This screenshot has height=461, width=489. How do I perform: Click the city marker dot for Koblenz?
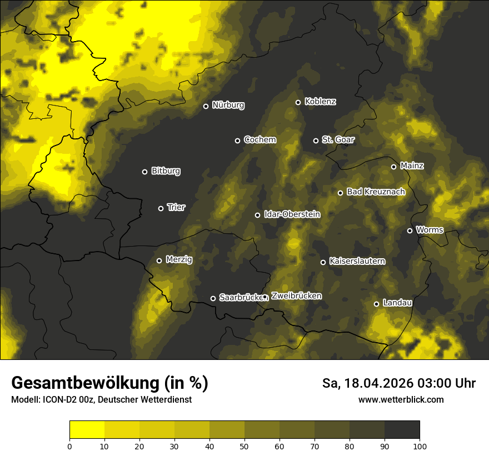[x=298, y=102]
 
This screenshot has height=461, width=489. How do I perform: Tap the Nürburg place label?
[x=228, y=105]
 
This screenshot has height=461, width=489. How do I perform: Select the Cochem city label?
[x=260, y=140]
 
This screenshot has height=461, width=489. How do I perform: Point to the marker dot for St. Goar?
[x=316, y=141]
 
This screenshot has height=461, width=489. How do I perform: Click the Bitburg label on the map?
[x=166, y=171]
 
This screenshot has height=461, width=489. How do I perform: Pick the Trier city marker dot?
[x=161, y=208]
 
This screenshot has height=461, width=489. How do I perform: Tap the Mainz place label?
[x=412, y=166]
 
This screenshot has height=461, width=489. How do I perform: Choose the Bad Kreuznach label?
[x=376, y=192]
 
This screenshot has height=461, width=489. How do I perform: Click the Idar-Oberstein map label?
[x=292, y=214]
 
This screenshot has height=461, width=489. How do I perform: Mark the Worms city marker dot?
[x=410, y=231]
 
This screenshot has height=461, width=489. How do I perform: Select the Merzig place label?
[x=179, y=259]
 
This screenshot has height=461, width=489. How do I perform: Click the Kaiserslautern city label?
[x=357, y=261]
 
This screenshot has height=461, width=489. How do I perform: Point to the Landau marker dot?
[x=376, y=304]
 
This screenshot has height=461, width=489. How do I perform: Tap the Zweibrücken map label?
[x=296, y=296]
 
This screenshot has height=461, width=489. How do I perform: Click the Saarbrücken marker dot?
[x=213, y=298]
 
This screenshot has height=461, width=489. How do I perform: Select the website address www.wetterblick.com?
[x=401, y=400]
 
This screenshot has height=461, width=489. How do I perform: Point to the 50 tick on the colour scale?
[x=244, y=445]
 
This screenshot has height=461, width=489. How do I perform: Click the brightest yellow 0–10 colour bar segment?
[x=87, y=430]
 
